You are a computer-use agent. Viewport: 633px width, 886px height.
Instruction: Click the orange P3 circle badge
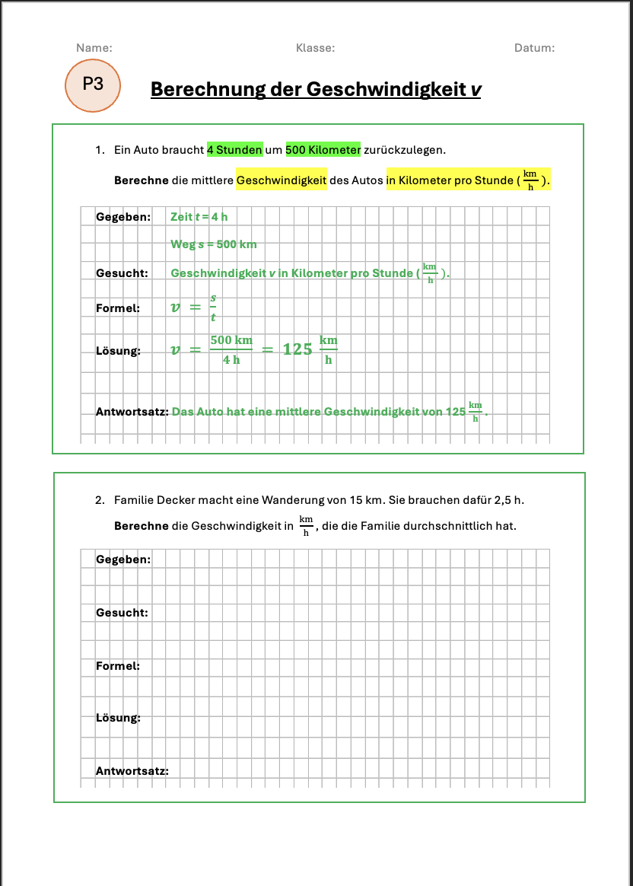92,84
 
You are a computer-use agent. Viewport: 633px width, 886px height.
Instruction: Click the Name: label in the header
94,48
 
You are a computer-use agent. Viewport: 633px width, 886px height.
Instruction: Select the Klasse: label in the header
315,48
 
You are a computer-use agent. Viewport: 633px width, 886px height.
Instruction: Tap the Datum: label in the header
534,48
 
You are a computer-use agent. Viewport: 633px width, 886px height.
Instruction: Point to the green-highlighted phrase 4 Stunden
234,150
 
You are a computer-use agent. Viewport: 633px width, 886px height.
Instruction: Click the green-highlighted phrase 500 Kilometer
323,150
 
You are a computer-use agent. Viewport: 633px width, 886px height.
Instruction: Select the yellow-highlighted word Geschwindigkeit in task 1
281,181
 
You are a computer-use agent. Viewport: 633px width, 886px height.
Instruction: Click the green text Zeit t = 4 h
199,217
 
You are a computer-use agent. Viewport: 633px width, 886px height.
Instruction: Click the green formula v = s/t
194,308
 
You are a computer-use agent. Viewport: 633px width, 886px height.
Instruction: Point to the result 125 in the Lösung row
297,349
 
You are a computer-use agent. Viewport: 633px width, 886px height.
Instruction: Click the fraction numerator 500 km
231,340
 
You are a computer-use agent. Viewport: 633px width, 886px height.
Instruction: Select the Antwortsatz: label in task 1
131,412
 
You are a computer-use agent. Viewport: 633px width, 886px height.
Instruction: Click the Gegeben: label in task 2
122,559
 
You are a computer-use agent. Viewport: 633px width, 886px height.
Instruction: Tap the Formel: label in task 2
117,666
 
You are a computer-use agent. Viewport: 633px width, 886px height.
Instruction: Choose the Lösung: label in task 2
118,718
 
